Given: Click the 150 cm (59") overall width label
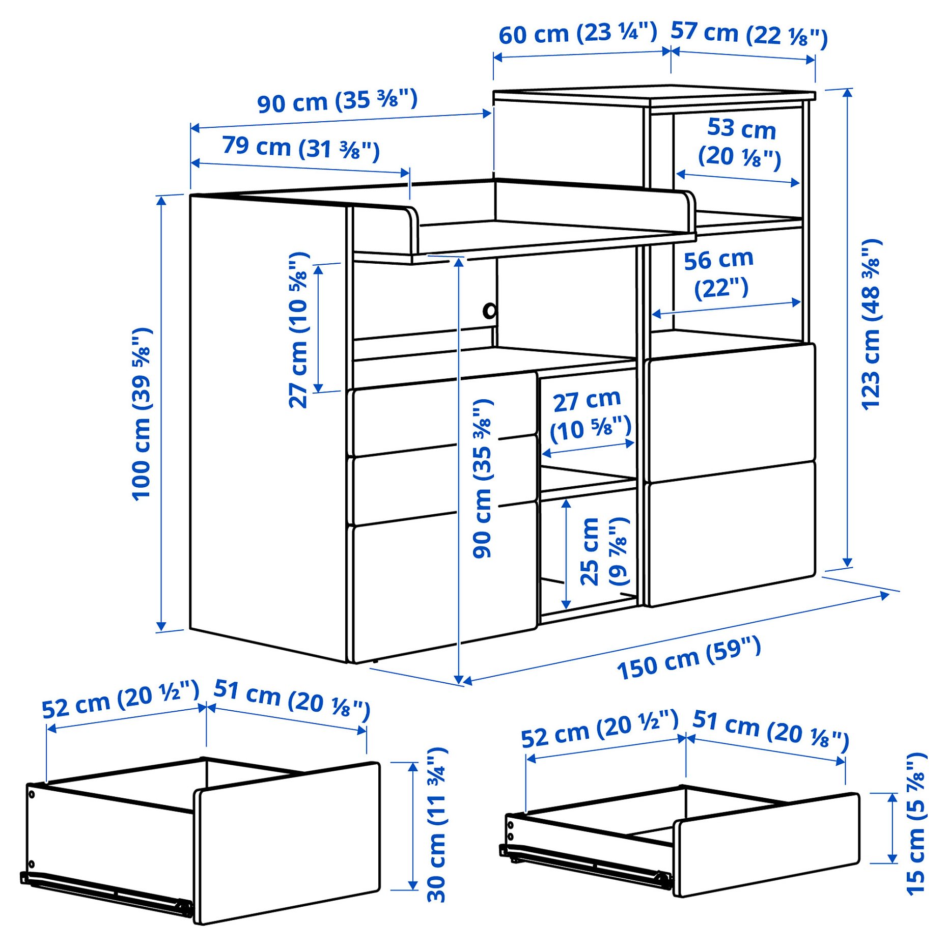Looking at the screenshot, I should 688,658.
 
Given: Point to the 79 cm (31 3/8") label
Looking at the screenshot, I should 301,148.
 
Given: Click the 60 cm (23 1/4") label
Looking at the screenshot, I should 577,34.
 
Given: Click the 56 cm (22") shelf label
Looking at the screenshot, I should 719,273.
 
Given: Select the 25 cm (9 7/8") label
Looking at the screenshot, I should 605,551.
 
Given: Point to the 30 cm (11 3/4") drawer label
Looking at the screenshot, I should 437,824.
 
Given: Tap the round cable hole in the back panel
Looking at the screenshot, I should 490,310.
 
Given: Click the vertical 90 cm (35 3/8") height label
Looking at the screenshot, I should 482,478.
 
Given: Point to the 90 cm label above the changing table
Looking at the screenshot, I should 337,101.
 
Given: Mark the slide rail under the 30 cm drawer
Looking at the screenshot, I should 107,891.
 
